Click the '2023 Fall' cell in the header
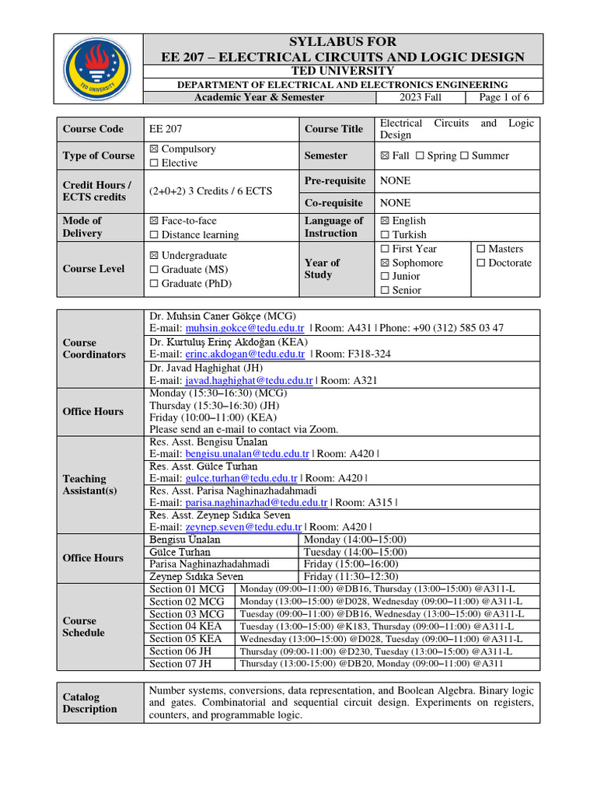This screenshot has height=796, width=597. (x=421, y=97)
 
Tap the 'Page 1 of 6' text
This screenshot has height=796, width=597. (x=504, y=97)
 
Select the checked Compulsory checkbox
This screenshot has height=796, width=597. (x=153, y=149)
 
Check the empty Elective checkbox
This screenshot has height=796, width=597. (x=153, y=163)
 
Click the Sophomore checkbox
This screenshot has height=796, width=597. (x=386, y=263)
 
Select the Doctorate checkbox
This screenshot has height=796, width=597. (x=480, y=263)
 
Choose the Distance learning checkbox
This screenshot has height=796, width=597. (x=153, y=235)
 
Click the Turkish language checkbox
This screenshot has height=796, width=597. (x=386, y=235)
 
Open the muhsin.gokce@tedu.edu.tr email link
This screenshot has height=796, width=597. (x=244, y=329)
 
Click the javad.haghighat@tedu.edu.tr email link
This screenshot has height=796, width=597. (x=249, y=381)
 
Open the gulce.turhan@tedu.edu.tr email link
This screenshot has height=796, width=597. (x=242, y=479)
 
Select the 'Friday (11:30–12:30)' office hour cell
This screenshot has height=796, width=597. (x=351, y=577)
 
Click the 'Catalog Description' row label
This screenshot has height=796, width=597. (x=90, y=703)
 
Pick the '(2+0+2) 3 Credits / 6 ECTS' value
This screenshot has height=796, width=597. (x=210, y=191)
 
